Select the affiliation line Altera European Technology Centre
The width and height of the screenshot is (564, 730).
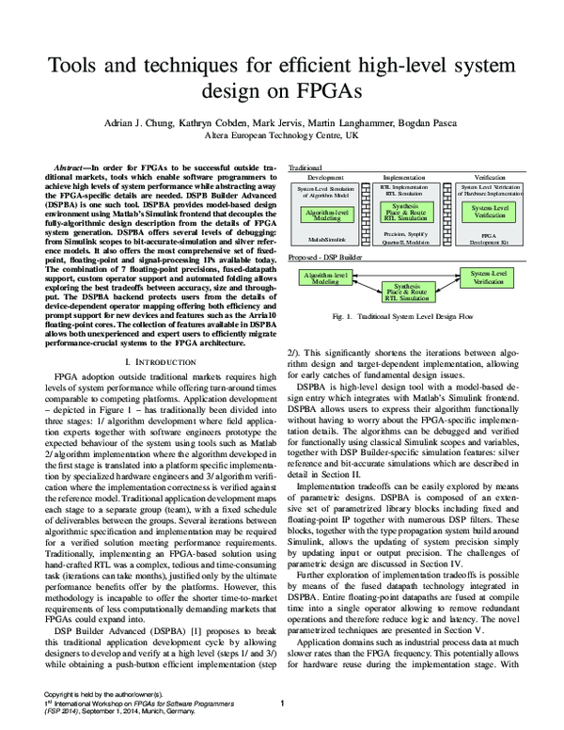point(282,135)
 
